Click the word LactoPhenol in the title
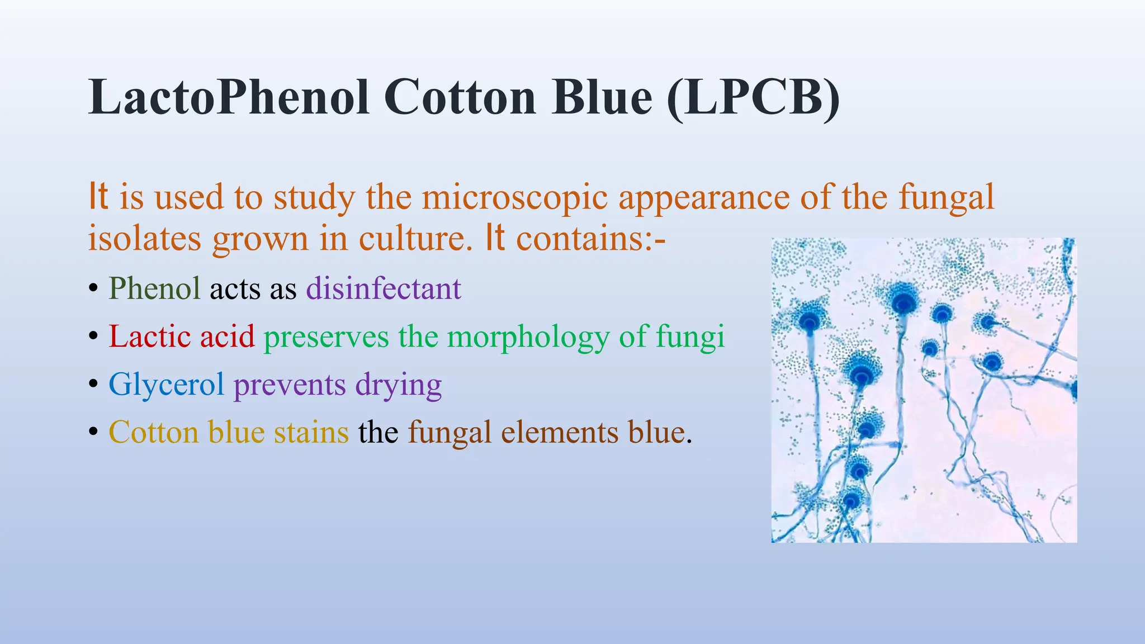point(228,97)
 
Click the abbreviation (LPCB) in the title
point(753,97)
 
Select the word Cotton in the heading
point(460,97)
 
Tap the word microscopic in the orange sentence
point(514,197)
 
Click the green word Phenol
point(154,288)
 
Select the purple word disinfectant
point(384,288)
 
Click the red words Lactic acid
point(181,337)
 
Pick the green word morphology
point(528,338)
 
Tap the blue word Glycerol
point(166,385)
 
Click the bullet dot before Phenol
point(93,289)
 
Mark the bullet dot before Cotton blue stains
point(93,433)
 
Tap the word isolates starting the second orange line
point(144,239)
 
